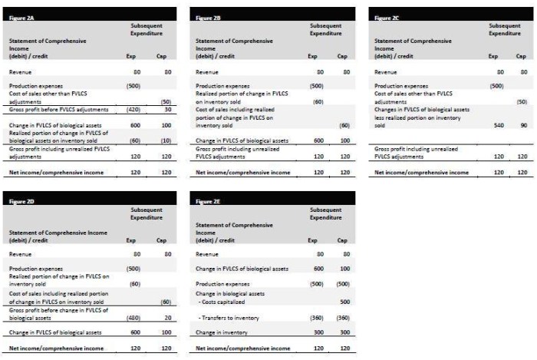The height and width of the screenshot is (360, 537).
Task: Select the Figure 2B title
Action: (209, 16)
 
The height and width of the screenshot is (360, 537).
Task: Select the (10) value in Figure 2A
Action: (164, 140)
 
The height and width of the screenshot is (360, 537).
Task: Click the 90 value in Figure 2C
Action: (522, 125)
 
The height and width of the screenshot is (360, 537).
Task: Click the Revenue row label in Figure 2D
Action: (21, 253)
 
